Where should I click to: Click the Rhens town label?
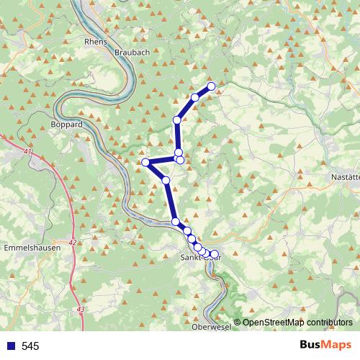95,42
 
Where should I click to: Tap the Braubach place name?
132,53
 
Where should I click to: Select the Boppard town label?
68,125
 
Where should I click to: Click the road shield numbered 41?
27,153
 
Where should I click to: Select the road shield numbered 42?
73,243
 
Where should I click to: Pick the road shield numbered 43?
79,309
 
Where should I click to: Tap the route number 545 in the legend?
30,346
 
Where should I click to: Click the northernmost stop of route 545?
212,86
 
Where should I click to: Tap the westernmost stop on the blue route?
145,163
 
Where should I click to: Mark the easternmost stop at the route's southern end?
214,254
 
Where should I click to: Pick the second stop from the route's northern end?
195,97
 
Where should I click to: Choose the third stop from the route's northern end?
177,120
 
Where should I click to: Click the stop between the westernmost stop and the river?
166,179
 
